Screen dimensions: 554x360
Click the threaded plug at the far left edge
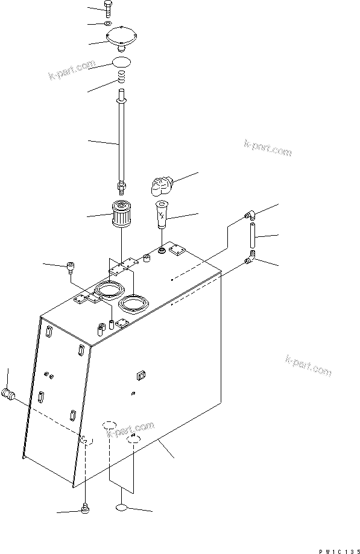tap(9, 395)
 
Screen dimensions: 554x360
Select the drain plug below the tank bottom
tap(84, 510)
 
